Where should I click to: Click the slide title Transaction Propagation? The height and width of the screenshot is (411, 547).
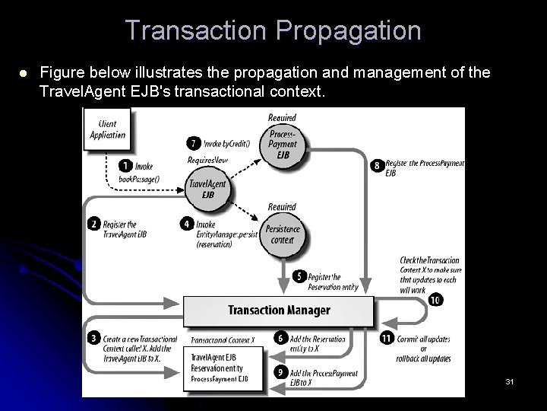coord(273,30)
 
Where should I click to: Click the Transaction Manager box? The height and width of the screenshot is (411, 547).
coord(279,310)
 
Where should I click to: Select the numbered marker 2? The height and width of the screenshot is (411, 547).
coord(94,225)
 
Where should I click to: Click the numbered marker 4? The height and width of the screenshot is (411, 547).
coord(187,225)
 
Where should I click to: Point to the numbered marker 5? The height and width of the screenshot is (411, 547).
coord(299,277)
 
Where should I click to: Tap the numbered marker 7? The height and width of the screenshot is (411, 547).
coord(194,143)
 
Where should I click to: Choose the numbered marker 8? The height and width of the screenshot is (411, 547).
coord(377,164)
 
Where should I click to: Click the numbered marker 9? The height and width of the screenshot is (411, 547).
coord(280,373)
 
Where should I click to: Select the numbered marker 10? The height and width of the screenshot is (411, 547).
coord(435,300)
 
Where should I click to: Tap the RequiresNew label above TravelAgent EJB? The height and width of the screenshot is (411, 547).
coord(207,161)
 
